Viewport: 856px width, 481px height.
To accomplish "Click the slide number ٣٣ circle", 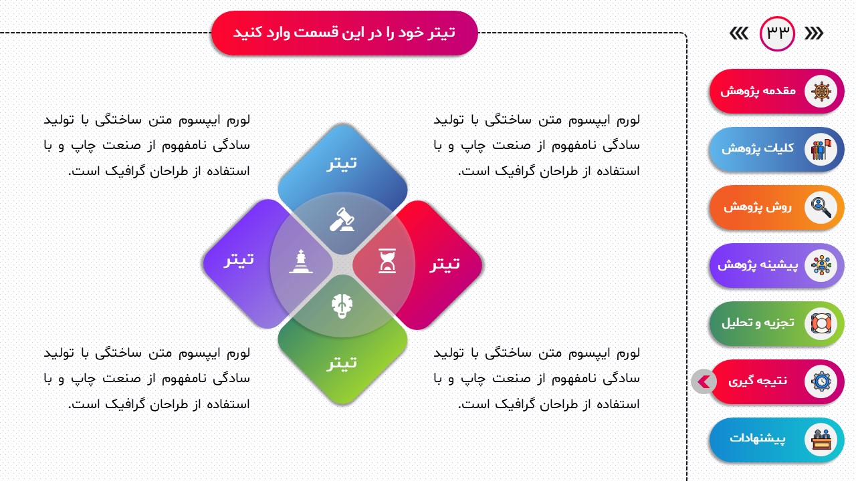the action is tap(777, 33).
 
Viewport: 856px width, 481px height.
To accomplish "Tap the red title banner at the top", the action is tap(344, 33).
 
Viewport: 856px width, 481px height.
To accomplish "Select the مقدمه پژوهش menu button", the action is tap(776, 92).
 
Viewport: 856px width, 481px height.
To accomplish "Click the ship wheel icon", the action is tap(821, 92).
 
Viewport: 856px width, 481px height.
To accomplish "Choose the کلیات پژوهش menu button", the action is tap(776, 149).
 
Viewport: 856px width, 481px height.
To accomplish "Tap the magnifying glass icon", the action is tap(821, 207).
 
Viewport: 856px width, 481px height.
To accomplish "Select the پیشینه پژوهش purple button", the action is tap(776, 265).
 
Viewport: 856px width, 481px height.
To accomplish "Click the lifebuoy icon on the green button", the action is tap(821, 324).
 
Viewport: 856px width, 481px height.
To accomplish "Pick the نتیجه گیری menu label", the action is tap(758, 381).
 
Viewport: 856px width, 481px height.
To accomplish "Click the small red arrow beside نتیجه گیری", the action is tap(704, 381).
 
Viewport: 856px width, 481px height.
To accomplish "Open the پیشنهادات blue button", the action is tap(776, 440).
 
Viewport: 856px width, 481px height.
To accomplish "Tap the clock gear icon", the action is tap(821, 381).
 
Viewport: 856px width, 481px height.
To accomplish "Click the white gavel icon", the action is tap(342, 220).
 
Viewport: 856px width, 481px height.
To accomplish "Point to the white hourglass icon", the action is tap(387, 261).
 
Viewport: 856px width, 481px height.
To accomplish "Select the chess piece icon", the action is tap(301, 261).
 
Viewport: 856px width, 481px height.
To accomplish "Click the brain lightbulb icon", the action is tap(342, 306).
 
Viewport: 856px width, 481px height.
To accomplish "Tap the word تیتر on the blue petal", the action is tap(342, 163).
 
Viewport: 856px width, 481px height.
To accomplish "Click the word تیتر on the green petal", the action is tap(342, 362).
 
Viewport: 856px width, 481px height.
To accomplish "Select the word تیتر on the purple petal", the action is tap(239, 259).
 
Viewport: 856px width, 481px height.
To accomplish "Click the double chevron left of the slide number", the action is tap(739, 33).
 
